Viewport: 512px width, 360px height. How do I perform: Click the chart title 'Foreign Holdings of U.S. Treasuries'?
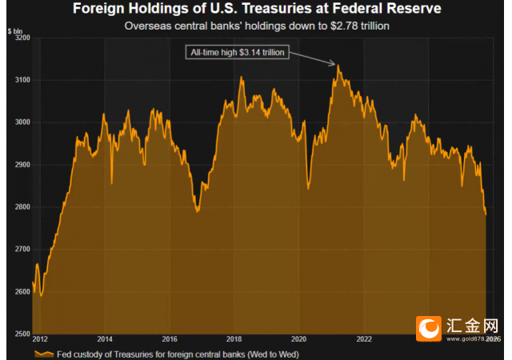pyautogui.click(x=256, y=10)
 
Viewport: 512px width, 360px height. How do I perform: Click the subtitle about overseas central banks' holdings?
pyautogui.click(x=256, y=26)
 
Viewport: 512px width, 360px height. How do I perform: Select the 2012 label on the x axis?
pyautogui.click(x=41, y=339)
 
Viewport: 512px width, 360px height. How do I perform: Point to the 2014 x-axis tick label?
pyautogui.click(x=106, y=339)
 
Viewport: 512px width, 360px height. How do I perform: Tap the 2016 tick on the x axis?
pyautogui.click(x=170, y=339)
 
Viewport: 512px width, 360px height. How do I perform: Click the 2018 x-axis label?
pyautogui.click(x=234, y=339)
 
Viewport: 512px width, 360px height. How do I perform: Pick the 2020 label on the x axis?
pyautogui.click(x=298, y=339)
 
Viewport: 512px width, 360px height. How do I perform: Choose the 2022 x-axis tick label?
pyautogui.click(x=363, y=339)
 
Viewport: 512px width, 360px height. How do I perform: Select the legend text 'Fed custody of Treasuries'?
pyautogui.click(x=144, y=353)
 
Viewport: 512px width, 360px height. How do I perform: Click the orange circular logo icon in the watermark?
pyautogui.click(x=430, y=327)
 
